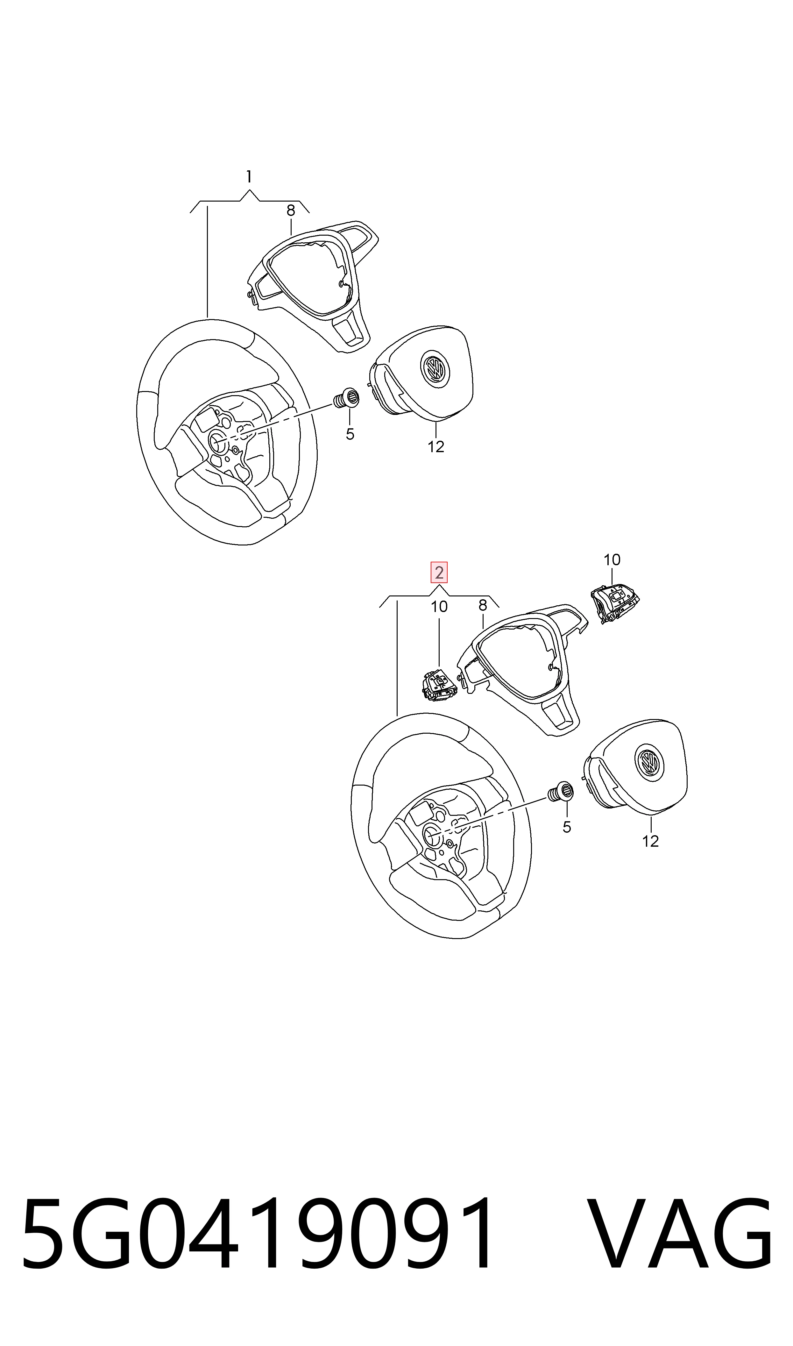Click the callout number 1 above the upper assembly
tap(249, 177)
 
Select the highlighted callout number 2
tap(439, 573)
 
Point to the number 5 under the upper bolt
tap(350, 434)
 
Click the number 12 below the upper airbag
tap(436, 447)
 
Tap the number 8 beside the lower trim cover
tap(483, 605)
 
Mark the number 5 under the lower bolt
tap(567, 828)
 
